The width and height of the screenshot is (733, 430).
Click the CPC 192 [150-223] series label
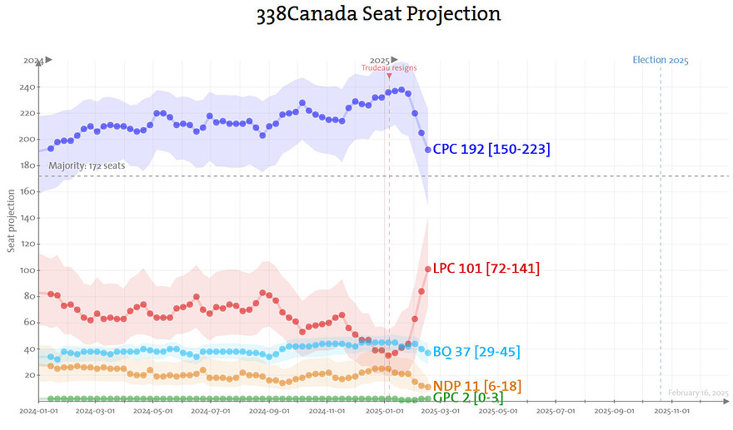(x=491, y=149)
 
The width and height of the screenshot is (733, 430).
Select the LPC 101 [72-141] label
(x=486, y=269)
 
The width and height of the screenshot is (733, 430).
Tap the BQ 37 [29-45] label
(x=476, y=352)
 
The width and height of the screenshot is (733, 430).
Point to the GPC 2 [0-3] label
(x=467, y=398)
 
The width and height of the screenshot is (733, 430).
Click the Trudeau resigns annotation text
(x=389, y=67)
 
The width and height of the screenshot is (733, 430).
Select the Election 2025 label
(x=661, y=60)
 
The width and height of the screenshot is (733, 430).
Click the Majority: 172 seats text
(x=87, y=166)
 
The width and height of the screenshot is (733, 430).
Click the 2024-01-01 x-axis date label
(x=38, y=411)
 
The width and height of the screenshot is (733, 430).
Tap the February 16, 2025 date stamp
(x=698, y=393)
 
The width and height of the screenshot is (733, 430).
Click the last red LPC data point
(x=428, y=269)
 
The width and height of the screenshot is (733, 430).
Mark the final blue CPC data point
(x=428, y=150)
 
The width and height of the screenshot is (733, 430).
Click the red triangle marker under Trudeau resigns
(x=389, y=76)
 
